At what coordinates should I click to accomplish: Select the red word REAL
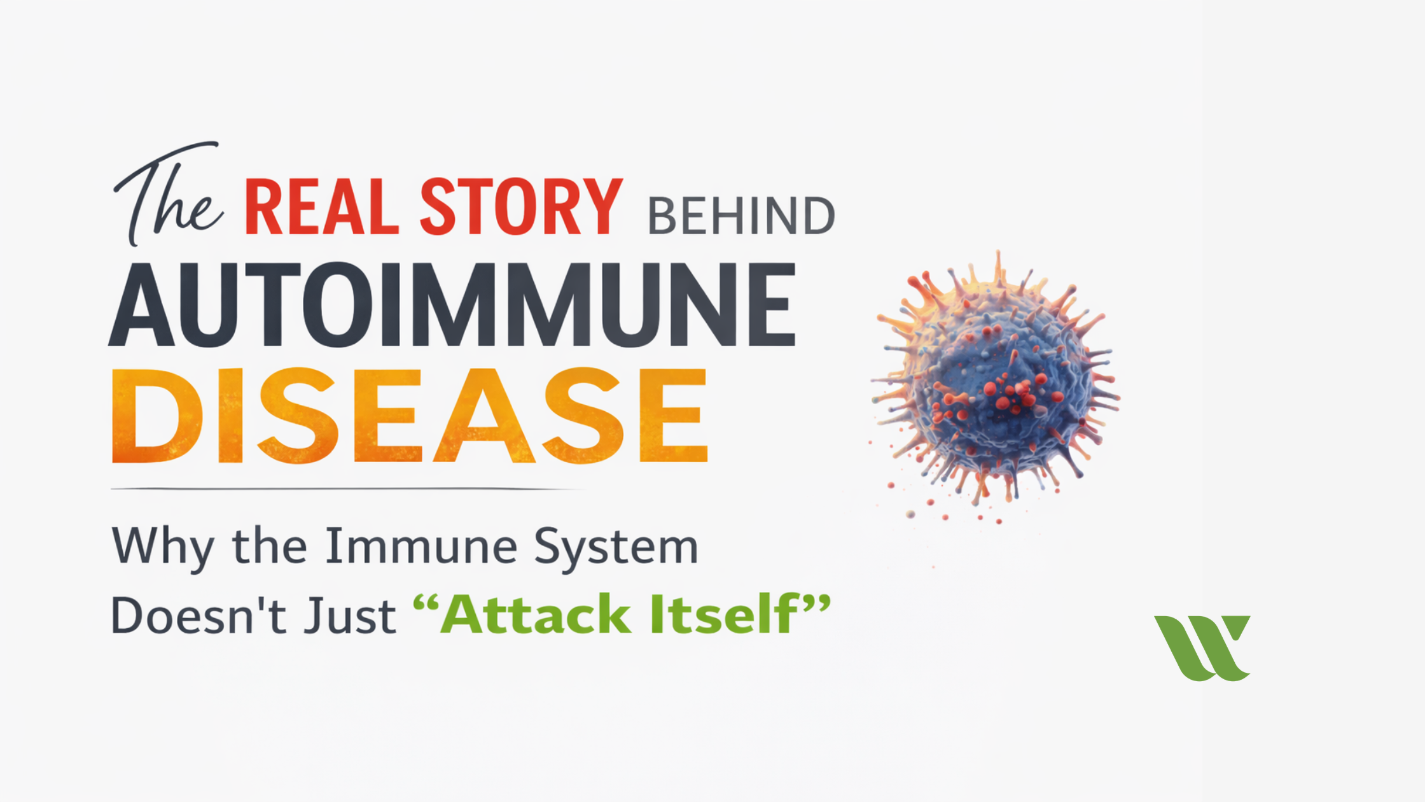coord(321,208)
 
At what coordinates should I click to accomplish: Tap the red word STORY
coord(521,208)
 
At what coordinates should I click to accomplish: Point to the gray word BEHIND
coord(740,216)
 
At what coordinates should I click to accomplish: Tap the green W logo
coord(1202,647)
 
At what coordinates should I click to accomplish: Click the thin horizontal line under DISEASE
coord(344,489)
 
